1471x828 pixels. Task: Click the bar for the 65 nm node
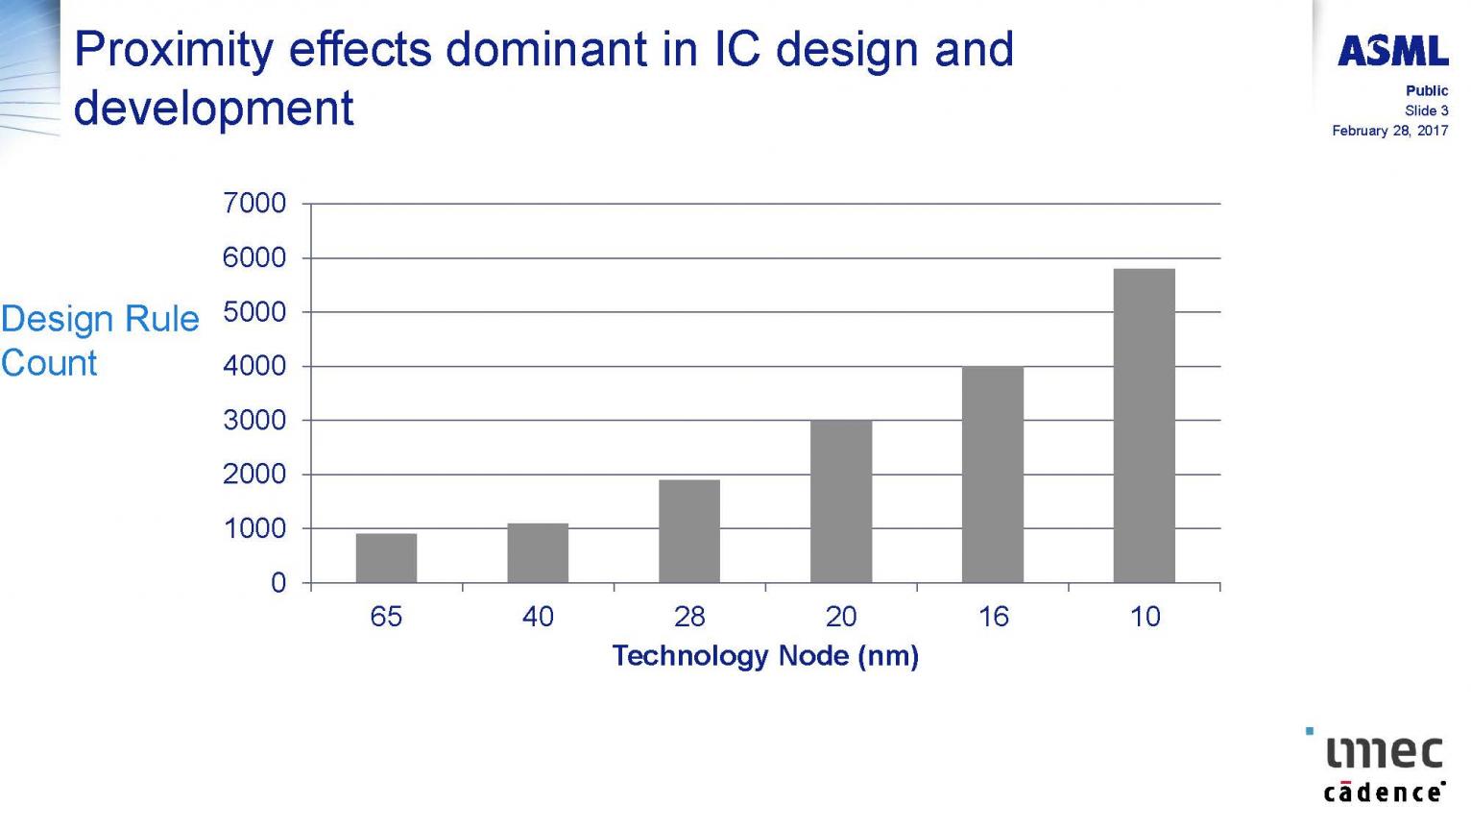(x=386, y=558)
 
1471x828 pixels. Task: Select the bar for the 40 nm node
(x=538, y=552)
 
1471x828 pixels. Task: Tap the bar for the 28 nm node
(x=689, y=531)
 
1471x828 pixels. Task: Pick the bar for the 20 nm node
(x=841, y=501)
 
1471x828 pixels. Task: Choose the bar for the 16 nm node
(x=993, y=475)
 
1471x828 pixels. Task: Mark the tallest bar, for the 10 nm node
(x=1145, y=426)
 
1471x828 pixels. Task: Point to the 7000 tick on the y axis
(x=254, y=203)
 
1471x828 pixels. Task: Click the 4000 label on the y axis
(x=254, y=366)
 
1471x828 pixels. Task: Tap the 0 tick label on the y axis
(x=278, y=583)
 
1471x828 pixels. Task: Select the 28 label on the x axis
(x=689, y=617)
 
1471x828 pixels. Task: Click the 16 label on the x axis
(x=993, y=617)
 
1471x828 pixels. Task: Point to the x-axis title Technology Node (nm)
(x=765, y=656)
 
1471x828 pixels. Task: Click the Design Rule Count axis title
(x=100, y=341)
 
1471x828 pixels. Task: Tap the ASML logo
(x=1393, y=51)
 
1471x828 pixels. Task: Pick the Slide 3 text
(x=1426, y=110)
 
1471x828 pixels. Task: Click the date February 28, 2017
(x=1390, y=131)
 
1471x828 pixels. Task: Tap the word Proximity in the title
(x=174, y=51)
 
